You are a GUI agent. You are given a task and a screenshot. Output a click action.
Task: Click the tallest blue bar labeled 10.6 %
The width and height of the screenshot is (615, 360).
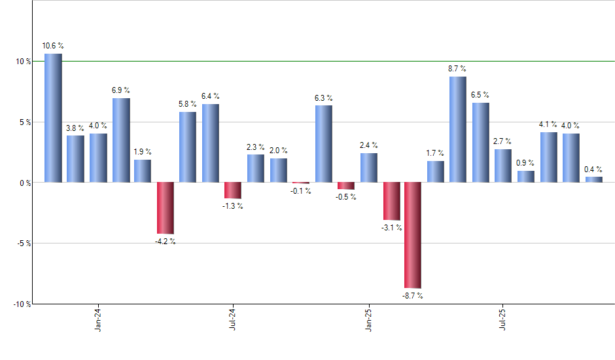click(x=53, y=118)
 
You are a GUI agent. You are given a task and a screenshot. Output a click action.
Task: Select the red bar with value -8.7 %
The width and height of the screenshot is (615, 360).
click(x=413, y=235)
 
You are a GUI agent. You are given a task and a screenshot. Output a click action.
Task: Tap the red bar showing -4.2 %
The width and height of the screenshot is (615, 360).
click(x=166, y=207)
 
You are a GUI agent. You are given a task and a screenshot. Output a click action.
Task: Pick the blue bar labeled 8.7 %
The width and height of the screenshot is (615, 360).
click(x=458, y=129)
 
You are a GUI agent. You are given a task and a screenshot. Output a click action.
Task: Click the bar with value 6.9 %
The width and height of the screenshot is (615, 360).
click(x=121, y=140)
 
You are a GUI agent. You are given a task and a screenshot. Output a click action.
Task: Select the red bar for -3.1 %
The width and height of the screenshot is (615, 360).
click(x=391, y=201)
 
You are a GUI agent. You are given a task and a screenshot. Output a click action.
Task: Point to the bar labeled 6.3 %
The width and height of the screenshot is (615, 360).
click(x=323, y=143)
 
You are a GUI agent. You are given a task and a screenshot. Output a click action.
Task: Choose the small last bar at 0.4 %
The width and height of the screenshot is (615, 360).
click(x=593, y=179)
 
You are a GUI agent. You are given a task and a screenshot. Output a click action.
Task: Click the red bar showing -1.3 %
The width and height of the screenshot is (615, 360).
click(x=233, y=190)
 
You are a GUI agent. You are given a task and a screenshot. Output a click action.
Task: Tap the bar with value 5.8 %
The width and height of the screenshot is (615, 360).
click(x=188, y=147)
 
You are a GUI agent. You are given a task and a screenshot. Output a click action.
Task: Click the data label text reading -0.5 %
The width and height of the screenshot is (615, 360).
click(x=346, y=197)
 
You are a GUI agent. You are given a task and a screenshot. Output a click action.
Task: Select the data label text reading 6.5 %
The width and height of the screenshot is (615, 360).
click(x=481, y=96)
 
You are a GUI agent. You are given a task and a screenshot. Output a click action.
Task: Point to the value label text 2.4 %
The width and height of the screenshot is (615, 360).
click(x=369, y=145)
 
